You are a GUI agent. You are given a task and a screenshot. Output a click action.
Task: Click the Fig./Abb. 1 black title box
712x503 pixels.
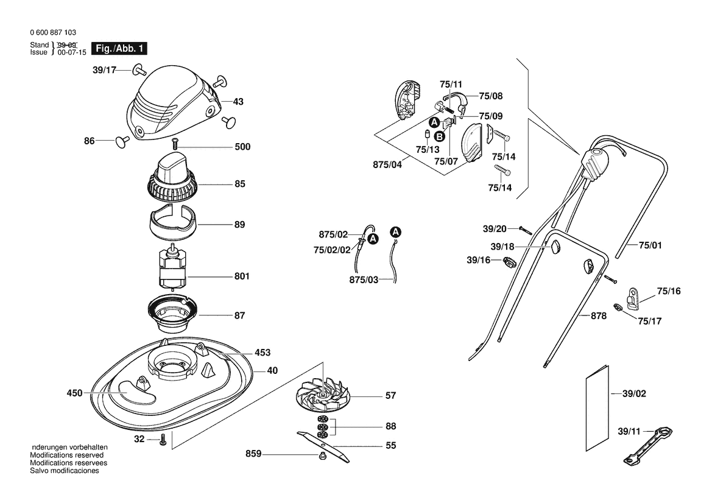tap(119, 49)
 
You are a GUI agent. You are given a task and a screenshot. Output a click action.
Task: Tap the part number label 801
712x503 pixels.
tap(242, 276)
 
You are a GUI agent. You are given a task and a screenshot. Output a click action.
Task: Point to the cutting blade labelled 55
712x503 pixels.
tap(323, 447)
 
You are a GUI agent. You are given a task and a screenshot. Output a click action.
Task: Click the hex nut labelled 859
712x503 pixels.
tap(322, 455)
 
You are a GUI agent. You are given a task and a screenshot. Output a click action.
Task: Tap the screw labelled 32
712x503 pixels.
tap(163, 440)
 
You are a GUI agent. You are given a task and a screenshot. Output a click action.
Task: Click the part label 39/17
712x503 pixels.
tap(104, 70)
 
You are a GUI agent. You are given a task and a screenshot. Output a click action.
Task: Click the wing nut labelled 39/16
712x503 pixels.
tap(509, 262)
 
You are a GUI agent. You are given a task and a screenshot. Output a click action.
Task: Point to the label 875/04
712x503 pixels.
tap(387, 165)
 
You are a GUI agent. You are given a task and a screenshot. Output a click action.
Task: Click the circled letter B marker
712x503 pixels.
tap(439, 136)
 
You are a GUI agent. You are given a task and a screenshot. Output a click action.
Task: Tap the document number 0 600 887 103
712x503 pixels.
tap(53, 33)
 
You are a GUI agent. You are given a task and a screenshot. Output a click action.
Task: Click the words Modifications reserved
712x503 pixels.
tap(67, 456)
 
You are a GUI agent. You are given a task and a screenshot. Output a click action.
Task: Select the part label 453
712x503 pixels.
tap(263, 352)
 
